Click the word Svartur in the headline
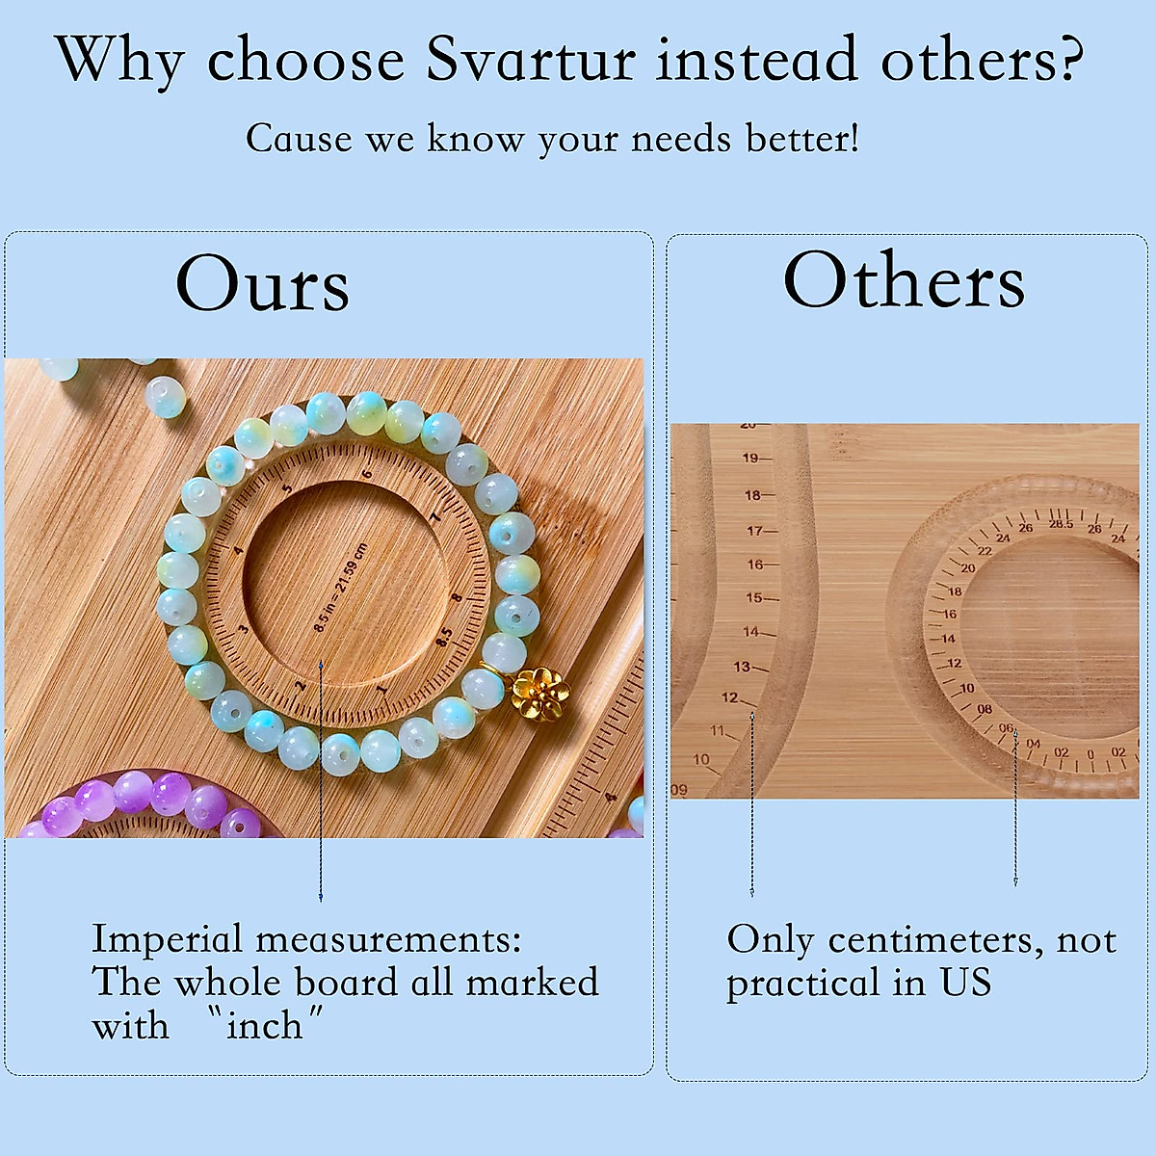click(531, 60)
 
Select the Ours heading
click(262, 284)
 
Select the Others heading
click(904, 281)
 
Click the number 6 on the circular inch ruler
click(367, 472)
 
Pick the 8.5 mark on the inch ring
click(444, 637)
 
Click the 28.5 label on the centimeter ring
click(1061, 523)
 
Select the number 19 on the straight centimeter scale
click(749, 459)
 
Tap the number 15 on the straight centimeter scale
click(753, 598)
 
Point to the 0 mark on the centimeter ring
click(1090, 753)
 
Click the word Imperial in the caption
click(167, 939)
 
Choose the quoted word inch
click(264, 1026)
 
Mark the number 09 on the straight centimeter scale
click(679, 790)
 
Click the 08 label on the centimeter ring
click(984, 709)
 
